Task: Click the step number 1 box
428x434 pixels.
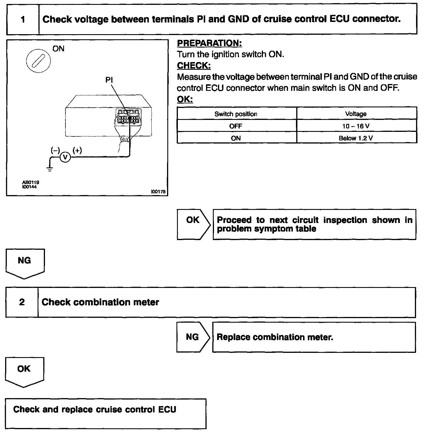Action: click(23, 19)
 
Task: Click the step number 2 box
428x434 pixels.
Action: click(22, 302)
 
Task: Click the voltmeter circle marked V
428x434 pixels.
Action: click(65, 157)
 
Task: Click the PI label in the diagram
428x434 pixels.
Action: click(109, 80)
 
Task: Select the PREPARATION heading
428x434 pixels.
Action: click(209, 43)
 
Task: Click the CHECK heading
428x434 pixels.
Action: click(194, 66)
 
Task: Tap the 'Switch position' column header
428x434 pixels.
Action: click(236, 114)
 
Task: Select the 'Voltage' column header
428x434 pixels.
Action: click(356, 114)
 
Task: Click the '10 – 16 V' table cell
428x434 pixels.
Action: click(356, 126)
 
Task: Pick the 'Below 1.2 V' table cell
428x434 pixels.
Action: click(356, 138)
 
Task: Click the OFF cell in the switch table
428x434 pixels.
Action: click(236, 126)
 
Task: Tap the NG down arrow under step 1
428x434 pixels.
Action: click(25, 263)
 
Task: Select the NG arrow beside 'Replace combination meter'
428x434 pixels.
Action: click(193, 337)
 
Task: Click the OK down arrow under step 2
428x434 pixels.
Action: click(24, 371)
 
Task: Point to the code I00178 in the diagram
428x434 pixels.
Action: click(158, 192)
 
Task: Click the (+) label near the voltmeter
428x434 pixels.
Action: click(77, 150)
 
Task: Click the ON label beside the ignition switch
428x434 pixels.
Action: click(58, 49)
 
